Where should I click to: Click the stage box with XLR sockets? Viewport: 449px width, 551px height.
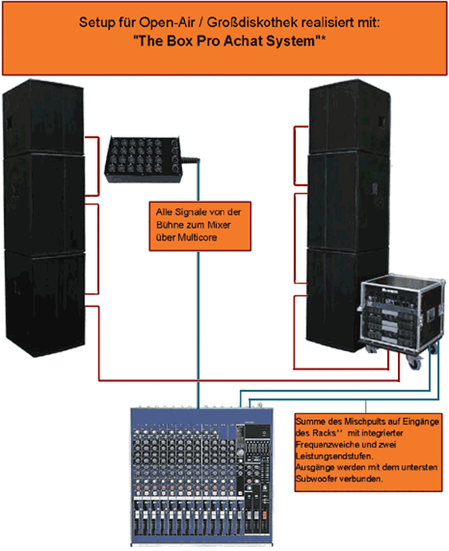(x=142, y=159)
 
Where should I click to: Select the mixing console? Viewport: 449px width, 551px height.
(x=202, y=475)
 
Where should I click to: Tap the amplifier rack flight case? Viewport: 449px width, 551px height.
(x=400, y=313)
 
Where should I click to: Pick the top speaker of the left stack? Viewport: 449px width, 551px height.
(x=43, y=117)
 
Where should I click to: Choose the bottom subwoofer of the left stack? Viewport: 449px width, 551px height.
(x=45, y=302)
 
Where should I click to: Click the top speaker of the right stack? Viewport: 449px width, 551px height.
(x=350, y=116)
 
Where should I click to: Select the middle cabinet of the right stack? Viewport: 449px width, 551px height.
(x=348, y=201)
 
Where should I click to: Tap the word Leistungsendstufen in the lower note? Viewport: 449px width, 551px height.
(x=334, y=456)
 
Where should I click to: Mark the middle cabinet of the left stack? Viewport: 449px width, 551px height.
(x=45, y=203)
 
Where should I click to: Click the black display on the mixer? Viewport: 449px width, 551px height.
(x=258, y=431)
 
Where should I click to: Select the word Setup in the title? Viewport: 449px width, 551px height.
(x=91, y=22)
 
